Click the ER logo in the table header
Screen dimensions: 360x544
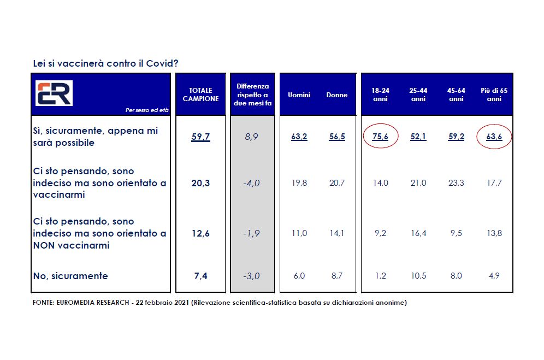coord(54,93)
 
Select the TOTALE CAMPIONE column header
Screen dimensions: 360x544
coord(200,95)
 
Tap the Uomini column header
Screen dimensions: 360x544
coord(299,95)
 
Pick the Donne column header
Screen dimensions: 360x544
coord(337,95)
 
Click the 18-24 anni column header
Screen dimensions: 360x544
coord(380,95)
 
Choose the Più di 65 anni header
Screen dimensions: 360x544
coord(494,95)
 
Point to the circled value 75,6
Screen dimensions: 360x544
coord(380,137)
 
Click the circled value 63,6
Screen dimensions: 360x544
coord(494,137)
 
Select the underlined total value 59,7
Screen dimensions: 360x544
coord(200,137)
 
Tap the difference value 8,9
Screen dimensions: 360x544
coord(252,137)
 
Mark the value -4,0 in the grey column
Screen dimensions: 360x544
coord(252,183)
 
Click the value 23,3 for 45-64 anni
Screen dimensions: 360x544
coord(456,183)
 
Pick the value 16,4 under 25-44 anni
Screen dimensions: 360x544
coord(418,233)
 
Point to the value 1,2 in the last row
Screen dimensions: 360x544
coord(380,276)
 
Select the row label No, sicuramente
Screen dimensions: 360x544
coord(70,276)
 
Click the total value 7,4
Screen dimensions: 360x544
coord(200,276)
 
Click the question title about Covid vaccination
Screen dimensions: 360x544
coord(105,63)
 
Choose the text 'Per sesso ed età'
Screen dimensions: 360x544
coord(147,110)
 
